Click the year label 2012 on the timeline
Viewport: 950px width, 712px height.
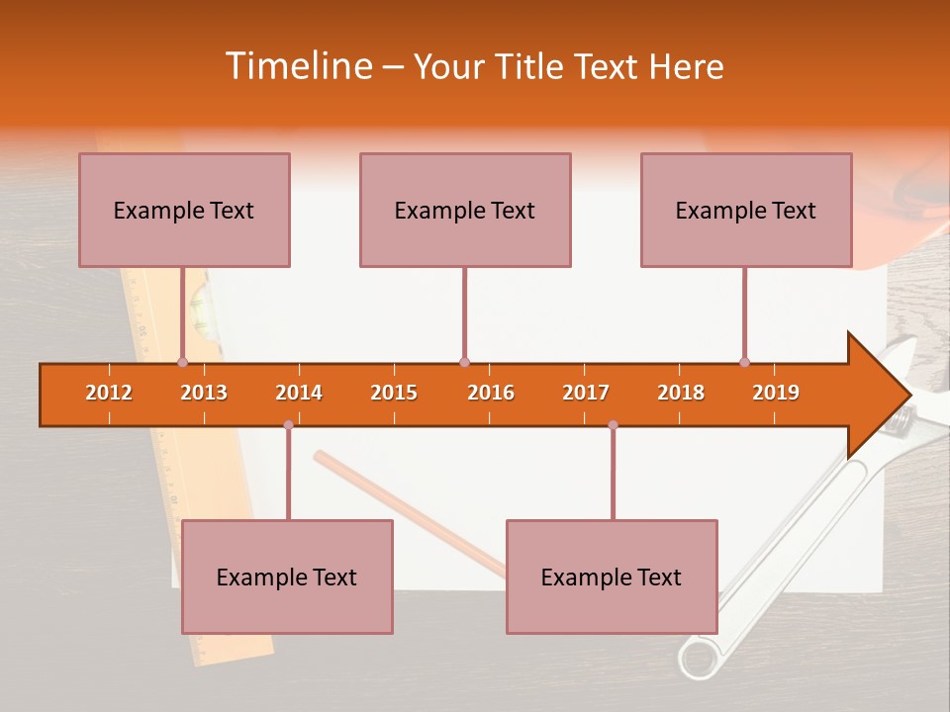(109, 393)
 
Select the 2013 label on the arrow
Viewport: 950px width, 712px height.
(204, 393)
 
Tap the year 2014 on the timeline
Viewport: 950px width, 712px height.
(299, 393)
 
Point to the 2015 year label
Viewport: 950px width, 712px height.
(394, 393)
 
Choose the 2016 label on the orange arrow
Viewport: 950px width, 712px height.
(491, 393)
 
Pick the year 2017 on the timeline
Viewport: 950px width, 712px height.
(586, 393)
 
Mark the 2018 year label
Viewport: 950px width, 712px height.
(681, 393)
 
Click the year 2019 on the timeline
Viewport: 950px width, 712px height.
(776, 393)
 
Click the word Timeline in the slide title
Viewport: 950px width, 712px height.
(297, 66)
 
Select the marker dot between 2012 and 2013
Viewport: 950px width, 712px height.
(182, 362)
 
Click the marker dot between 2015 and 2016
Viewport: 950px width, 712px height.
(464, 362)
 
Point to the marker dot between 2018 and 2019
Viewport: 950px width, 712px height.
(744, 362)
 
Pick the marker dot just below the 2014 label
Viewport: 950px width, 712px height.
(288, 425)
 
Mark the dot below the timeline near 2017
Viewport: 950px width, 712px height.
(613, 425)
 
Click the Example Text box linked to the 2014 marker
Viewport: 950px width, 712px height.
(287, 578)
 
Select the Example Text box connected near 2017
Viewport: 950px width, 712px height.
(612, 578)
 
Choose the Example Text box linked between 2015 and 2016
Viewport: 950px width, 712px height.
(465, 211)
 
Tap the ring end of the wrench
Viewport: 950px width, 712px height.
(699, 658)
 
